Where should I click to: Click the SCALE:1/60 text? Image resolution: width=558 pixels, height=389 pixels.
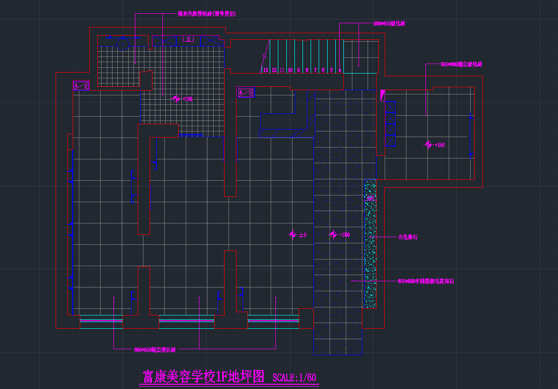294,378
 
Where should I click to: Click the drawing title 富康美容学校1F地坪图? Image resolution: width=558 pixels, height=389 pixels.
203,377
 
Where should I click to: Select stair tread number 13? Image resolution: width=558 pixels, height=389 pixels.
265,70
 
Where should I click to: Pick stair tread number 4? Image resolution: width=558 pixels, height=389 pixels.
340,70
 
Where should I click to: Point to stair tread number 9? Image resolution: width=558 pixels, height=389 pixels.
299,70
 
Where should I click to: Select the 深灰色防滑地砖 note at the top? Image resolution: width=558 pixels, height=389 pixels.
207,14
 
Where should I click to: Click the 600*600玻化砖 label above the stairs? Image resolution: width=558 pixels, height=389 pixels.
389,23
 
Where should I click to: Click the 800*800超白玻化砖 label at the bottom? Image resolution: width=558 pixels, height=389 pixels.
155,350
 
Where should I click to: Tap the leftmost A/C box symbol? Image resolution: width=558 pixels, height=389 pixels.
81,86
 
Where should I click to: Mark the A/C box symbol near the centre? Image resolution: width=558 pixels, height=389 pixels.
246,93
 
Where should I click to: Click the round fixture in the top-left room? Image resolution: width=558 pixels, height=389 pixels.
123,44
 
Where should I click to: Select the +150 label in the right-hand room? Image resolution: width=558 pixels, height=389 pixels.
439,145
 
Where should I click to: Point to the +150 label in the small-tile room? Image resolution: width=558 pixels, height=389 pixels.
187,99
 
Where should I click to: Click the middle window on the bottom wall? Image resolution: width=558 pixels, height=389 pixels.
186,321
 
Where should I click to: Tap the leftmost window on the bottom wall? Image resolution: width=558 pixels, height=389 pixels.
101,321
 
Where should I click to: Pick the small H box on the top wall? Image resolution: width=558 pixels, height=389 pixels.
189,39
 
